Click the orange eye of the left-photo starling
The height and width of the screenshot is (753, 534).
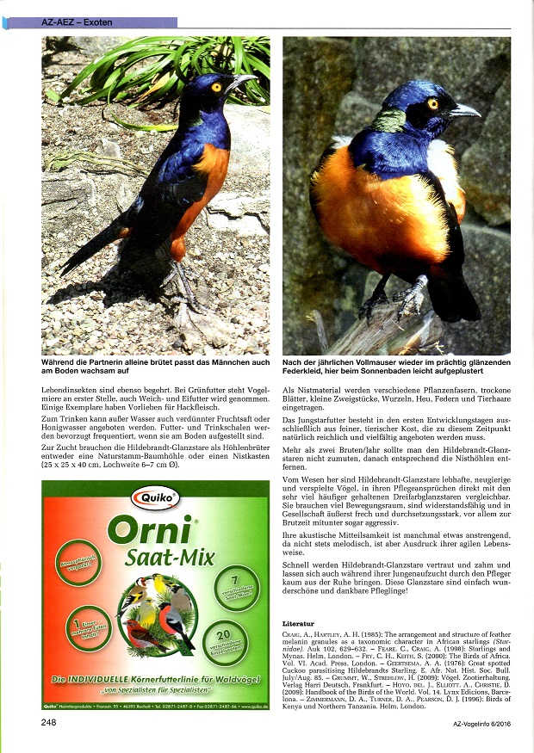click(215, 87)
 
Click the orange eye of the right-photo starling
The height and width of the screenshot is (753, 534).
click(433, 103)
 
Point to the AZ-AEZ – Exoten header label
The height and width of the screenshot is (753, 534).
click(78, 22)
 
